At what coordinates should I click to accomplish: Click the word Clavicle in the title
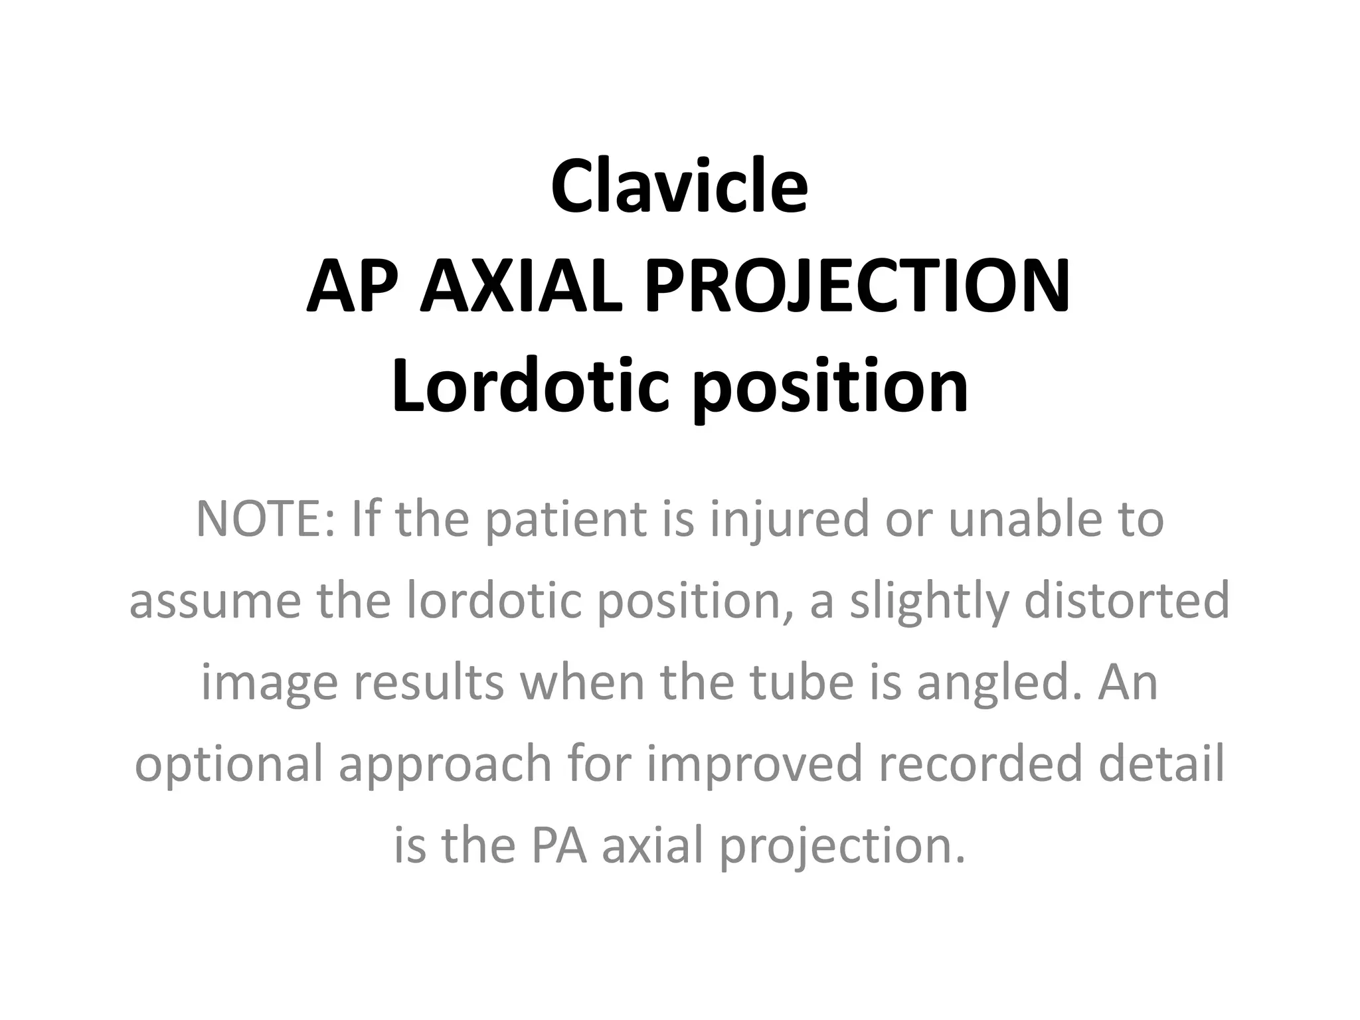coord(679,187)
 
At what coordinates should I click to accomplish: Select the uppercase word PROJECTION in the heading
coord(857,287)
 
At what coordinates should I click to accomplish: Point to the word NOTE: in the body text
coord(266,519)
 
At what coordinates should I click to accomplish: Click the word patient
coord(565,519)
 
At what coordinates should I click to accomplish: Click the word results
coord(428,683)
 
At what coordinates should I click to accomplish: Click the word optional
coord(228,764)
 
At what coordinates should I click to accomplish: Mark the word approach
coord(446,764)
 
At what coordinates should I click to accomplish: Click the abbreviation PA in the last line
coord(558,846)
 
